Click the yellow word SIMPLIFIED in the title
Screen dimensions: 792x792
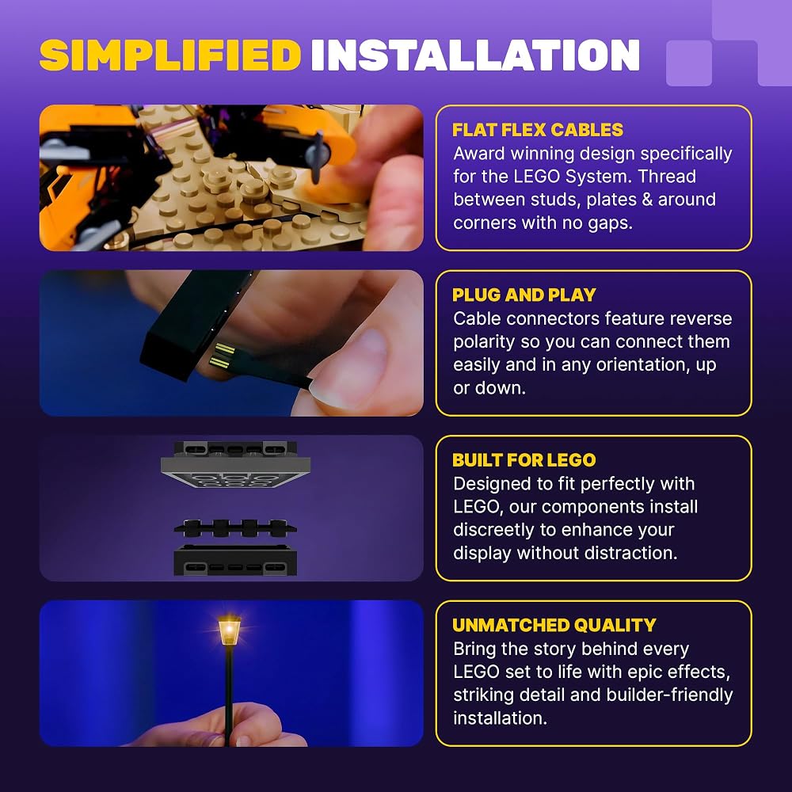pos(170,55)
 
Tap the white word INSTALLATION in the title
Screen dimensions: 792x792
pos(475,55)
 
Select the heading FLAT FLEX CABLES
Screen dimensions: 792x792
pos(538,130)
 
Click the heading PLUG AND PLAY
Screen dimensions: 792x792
pos(524,295)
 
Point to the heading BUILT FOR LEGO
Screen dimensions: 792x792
pos(524,460)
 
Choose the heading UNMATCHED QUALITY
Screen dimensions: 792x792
pos(554,626)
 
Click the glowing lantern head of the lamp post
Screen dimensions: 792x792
pos(230,631)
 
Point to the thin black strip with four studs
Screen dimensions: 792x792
pos(235,527)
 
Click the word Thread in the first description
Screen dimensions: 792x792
pos(667,177)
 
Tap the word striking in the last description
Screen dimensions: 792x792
pos(484,695)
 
